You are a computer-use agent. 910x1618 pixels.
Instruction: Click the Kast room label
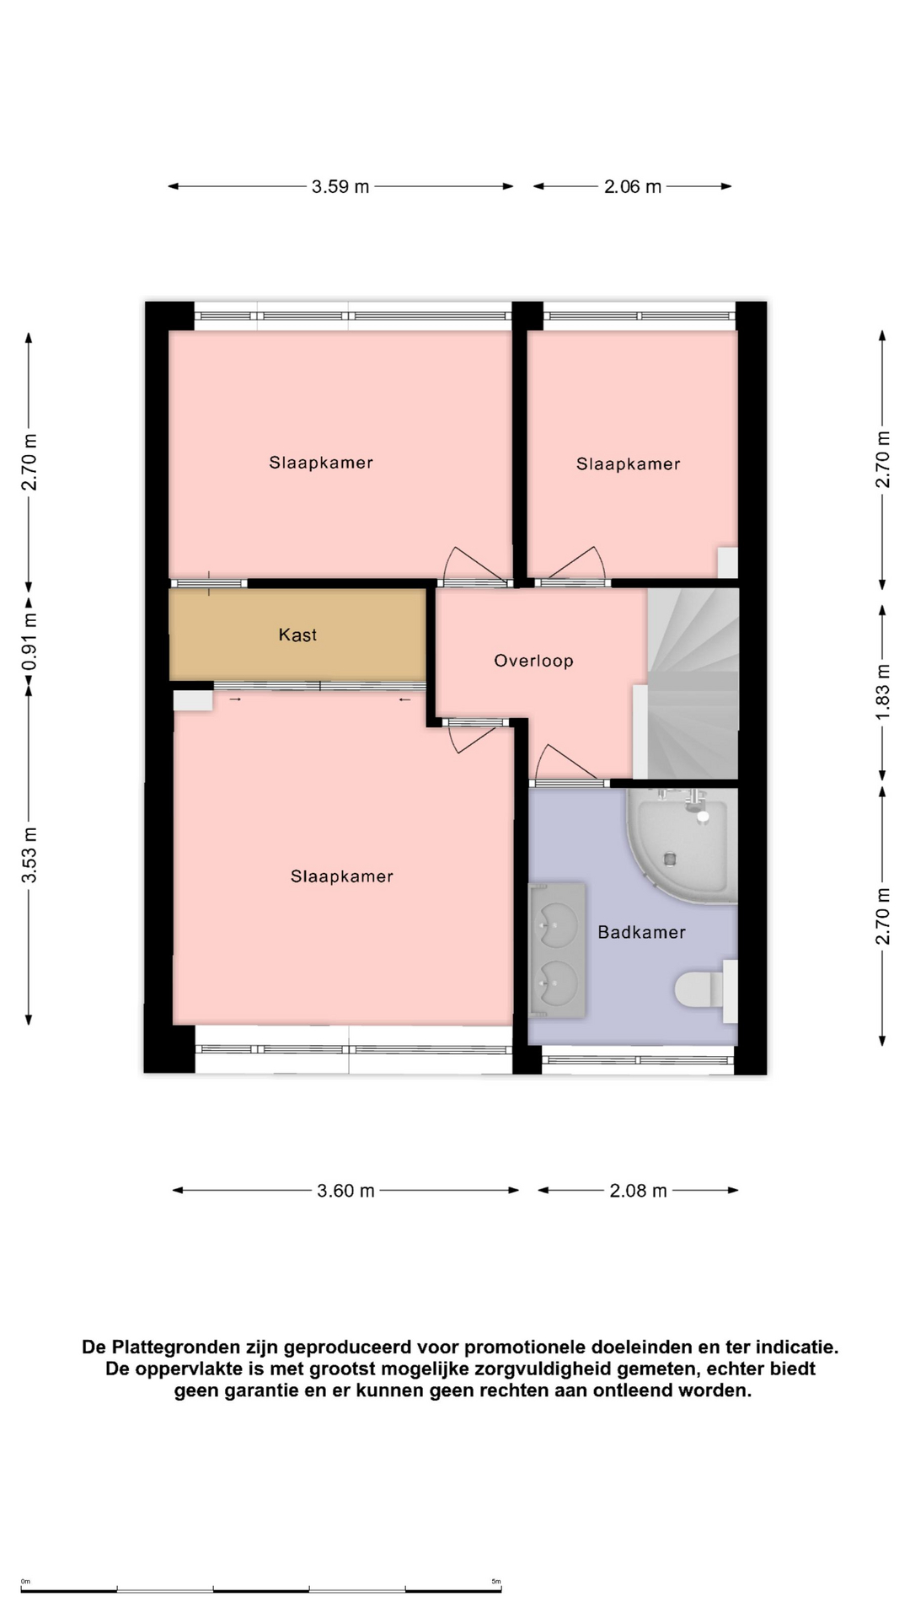[x=297, y=635]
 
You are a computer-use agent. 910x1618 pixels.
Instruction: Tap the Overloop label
[x=533, y=661]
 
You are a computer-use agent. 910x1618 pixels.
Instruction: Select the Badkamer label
[x=641, y=932]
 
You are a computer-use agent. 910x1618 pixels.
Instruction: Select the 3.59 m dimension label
[x=340, y=186]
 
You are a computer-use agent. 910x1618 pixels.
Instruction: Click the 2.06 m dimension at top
[x=633, y=186]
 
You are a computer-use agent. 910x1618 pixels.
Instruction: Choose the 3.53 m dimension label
[x=29, y=855]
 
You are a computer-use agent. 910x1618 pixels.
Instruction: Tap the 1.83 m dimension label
[x=882, y=692]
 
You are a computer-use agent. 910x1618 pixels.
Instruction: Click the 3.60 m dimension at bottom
[x=345, y=1191]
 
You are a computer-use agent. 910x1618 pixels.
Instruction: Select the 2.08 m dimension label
[x=638, y=1191]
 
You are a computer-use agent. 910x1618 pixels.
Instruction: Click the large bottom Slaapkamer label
[x=342, y=876]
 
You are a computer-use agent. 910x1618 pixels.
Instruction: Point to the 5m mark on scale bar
[x=496, y=1582]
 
